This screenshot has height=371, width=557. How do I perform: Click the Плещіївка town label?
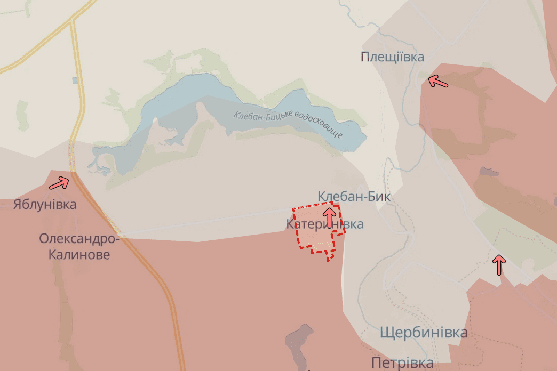pos(392,57)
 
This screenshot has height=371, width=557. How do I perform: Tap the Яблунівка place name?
pos(45,205)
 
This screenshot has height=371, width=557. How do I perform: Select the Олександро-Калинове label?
pos(79,246)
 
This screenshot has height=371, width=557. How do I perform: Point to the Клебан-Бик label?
pos(354,197)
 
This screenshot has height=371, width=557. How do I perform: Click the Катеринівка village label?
pos(325,224)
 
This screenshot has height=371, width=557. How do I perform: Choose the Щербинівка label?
pos(424,333)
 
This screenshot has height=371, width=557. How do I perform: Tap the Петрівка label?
pos(402,364)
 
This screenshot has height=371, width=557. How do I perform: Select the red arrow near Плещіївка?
pos(438,81)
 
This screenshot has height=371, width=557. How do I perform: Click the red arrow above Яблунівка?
pos(59,183)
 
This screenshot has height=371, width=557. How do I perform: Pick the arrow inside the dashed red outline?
pos(329,217)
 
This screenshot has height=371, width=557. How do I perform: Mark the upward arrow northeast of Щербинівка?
pos(499,264)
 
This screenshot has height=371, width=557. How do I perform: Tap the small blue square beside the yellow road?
pos(75,80)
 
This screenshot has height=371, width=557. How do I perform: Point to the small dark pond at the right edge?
pos(488,172)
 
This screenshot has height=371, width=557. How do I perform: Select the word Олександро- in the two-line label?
pos(79,238)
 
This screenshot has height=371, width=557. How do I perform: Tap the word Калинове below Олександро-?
pos(79,255)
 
